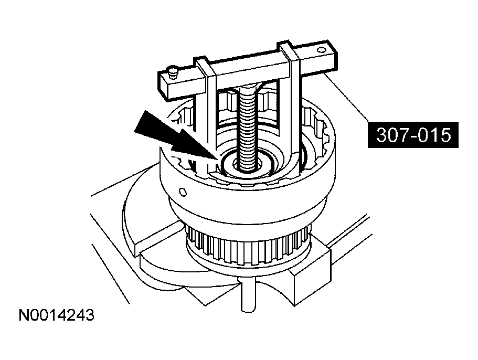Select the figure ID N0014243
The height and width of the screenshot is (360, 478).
57,315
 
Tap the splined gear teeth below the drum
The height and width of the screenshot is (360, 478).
247,247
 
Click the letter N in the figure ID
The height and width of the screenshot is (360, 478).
24,315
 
